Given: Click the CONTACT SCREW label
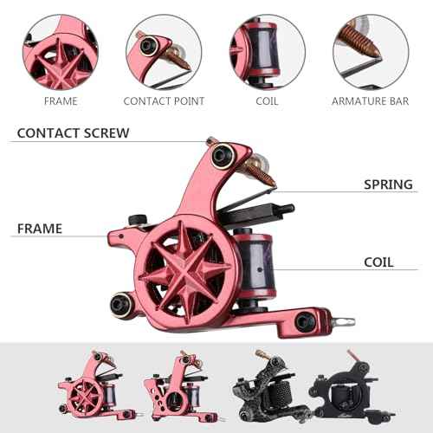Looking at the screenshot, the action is click(x=73, y=133).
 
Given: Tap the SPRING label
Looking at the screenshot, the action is click(x=388, y=184).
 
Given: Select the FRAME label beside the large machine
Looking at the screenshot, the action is click(x=40, y=229).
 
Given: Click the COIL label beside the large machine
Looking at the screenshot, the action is click(x=378, y=262).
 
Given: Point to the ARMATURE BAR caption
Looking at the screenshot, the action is click(x=371, y=101).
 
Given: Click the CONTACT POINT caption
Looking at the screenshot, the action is click(x=164, y=101).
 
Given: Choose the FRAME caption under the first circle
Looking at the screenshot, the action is click(x=61, y=101).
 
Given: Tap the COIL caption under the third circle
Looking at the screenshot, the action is click(x=267, y=101).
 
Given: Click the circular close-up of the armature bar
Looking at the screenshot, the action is click(x=371, y=52).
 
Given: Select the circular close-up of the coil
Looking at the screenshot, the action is click(x=268, y=52).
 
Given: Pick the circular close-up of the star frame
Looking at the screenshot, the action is click(x=61, y=52).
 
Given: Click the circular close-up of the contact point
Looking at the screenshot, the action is click(x=164, y=52).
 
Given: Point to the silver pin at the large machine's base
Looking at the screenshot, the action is click(x=343, y=322).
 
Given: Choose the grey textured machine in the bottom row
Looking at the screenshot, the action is click(x=271, y=387).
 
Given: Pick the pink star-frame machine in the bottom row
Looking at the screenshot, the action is click(x=97, y=387).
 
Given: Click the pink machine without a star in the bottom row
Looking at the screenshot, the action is click(x=181, y=387).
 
